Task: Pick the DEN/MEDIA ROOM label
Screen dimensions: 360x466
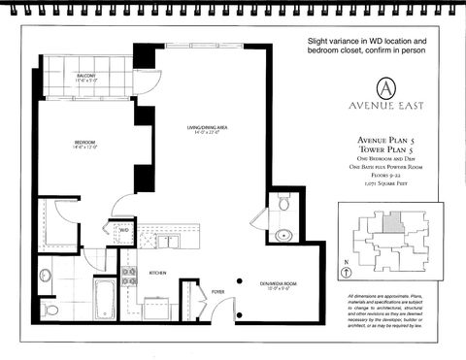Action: pos(277,284)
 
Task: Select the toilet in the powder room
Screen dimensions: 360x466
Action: pos(283,205)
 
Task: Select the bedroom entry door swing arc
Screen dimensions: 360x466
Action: pos(125,206)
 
